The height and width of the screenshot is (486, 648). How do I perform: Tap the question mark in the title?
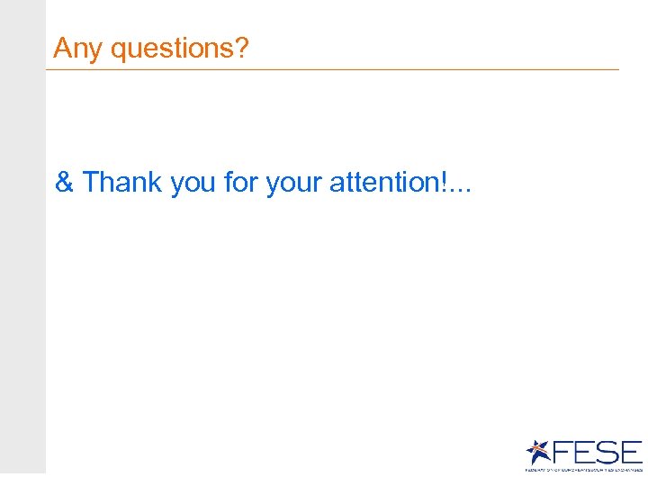pyautogui.click(x=240, y=48)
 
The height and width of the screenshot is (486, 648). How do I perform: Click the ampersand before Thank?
pyautogui.click(x=64, y=183)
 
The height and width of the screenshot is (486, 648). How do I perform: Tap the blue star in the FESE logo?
pyautogui.click(x=538, y=452)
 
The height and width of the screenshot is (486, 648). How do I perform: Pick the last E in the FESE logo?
pyautogui.click(x=631, y=452)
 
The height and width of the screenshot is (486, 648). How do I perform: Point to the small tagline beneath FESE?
pyautogui.click(x=584, y=469)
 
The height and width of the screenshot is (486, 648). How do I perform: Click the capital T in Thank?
pyautogui.click(x=90, y=183)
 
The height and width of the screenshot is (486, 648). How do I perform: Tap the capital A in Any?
pyautogui.click(x=62, y=49)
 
